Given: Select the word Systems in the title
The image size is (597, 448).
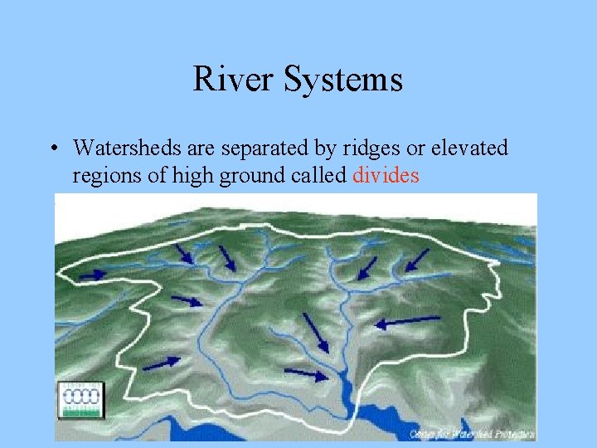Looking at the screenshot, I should point(342,80).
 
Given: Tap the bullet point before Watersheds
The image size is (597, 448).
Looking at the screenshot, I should point(51,149).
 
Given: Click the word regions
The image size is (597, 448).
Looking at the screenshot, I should point(104,176).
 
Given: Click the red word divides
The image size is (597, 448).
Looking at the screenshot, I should point(386,176).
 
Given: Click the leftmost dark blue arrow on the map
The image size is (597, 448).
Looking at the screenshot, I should point(94,274).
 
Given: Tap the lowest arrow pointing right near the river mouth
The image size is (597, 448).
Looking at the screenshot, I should point(307,374).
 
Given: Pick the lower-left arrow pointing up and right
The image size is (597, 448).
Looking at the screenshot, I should point(163,363).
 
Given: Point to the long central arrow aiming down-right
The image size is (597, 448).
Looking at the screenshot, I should point(316,332).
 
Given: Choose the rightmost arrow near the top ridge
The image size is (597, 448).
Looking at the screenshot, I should point(417,261).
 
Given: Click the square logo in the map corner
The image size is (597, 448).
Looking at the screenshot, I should point(80,400).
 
